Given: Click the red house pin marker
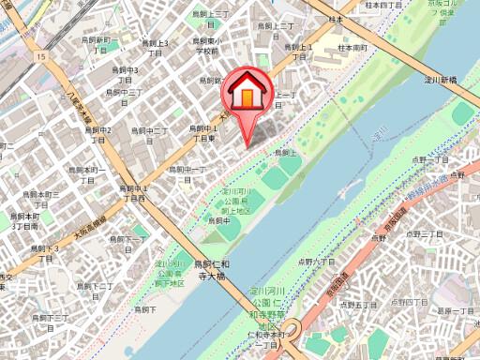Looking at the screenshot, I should (245, 95).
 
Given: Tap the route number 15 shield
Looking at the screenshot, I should (41, 57).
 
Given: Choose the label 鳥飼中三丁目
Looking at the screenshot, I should (123, 93).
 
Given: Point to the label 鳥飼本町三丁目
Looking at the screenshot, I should (26, 220).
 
